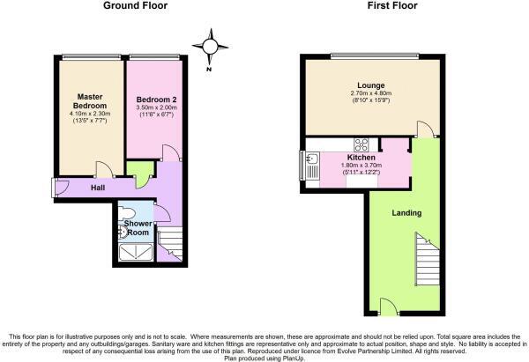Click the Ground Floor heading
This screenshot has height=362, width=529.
pyautogui.click(x=136, y=6)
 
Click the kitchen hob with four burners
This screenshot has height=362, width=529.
pyautogui.click(x=361, y=144)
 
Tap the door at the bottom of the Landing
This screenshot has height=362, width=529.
pyautogui.click(x=386, y=306)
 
